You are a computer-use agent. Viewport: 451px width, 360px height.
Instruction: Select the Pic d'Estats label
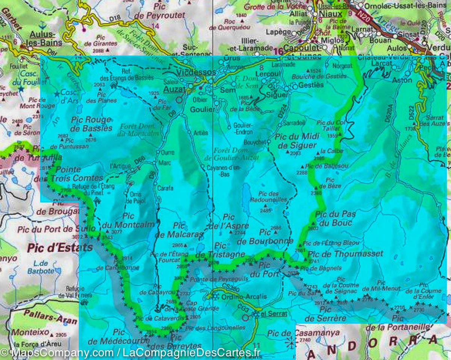pos(60,248)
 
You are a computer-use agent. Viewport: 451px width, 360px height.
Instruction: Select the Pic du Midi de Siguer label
pos(296,141)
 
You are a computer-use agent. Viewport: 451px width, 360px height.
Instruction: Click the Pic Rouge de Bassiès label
pos(91,124)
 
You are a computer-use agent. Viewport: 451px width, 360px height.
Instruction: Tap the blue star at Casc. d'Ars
pos(57,93)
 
